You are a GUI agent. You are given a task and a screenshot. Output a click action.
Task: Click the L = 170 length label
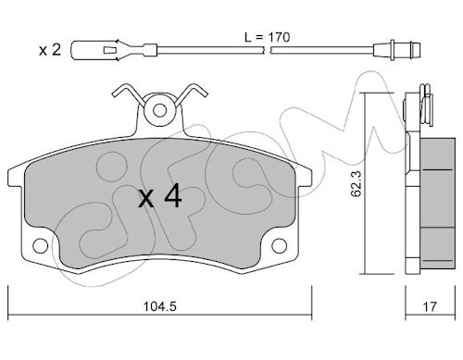click(267, 37)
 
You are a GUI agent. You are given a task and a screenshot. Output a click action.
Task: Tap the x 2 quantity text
click(50, 50)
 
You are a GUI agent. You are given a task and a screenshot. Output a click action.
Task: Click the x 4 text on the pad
click(160, 195)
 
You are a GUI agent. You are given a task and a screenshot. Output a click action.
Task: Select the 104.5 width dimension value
click(160, 306)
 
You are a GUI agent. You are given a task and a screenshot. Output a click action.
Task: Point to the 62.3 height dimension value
click(357, 184)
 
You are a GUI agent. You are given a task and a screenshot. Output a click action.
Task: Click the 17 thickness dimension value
click(430, 306)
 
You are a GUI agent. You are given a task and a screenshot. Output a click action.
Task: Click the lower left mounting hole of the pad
click(41, 246)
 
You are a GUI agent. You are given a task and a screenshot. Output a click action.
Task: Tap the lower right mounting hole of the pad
click(280, 246)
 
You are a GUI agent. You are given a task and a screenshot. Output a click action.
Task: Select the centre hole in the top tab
click(159, 110)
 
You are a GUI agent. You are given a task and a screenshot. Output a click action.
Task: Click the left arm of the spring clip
click(127, 92)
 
